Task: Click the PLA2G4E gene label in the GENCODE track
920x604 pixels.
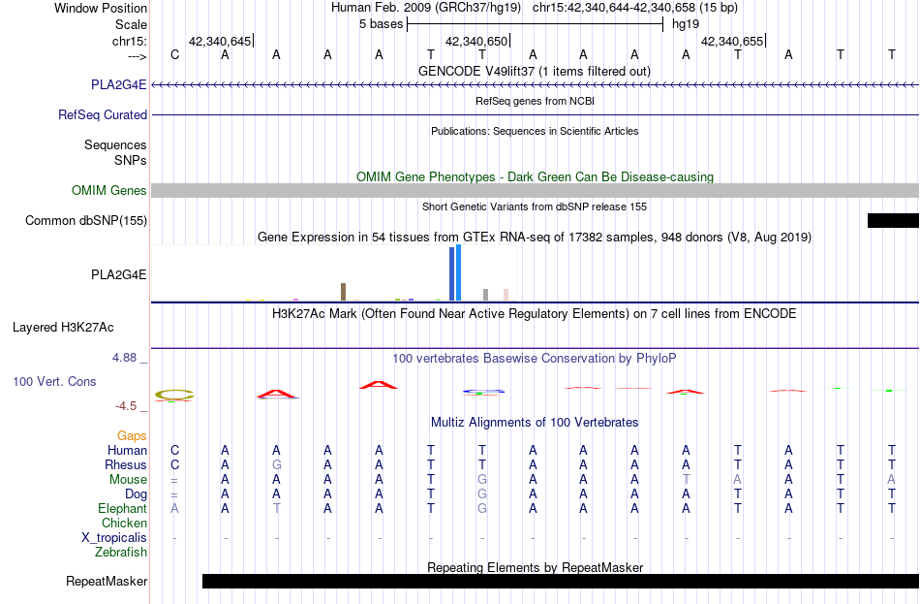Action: [x=118, y=84]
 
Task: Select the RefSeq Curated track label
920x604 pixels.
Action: [x=102, y=114]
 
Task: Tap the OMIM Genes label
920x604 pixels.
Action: [x=109, y=190]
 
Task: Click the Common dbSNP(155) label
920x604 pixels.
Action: [x=86, y=220]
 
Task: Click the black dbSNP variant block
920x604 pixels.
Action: [x=893, y=220]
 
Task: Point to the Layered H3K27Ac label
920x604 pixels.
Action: [x=63, y=328]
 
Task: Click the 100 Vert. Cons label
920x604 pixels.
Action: [x=54, y=381]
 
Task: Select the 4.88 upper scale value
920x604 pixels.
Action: [x=124, y=357]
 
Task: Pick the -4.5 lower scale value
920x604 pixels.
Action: [x=126, y=406]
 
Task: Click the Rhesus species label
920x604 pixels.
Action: [x=126, y=464]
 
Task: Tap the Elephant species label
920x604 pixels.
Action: [x=122, y=508]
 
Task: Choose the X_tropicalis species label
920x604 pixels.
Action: [x=114, y=538]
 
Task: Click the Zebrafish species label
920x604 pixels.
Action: [x=121, y=553]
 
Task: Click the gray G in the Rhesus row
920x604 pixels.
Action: [x=276, y=464]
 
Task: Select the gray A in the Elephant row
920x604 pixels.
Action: [x=174, y=508]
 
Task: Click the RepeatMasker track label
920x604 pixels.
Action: [x=107, y=581]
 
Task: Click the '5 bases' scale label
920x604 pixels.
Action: [x=382, y=24]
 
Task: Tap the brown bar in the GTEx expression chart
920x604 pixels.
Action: [x=343, y=292]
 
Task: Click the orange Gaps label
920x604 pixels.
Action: [x=132, y=435]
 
